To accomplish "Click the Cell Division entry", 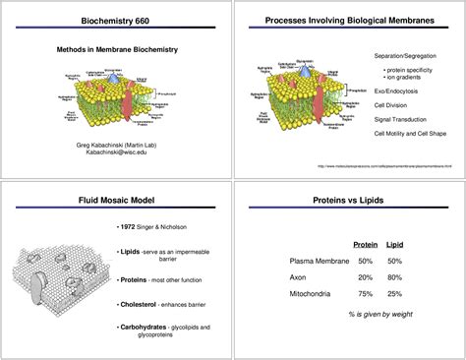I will pos(392,104).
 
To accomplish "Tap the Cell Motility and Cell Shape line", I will pos(410,133).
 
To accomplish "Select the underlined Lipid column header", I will pos(394,244).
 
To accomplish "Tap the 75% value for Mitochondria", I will pos(366,293).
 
